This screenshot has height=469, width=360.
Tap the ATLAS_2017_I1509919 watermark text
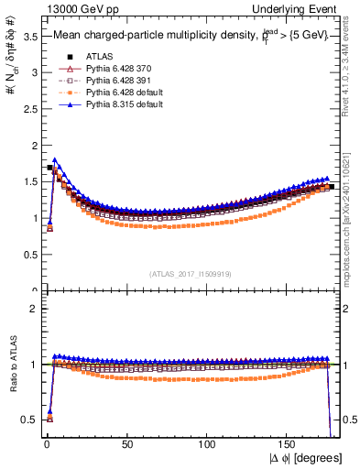coord(191,273)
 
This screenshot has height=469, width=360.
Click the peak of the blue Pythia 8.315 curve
coord(55,160)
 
